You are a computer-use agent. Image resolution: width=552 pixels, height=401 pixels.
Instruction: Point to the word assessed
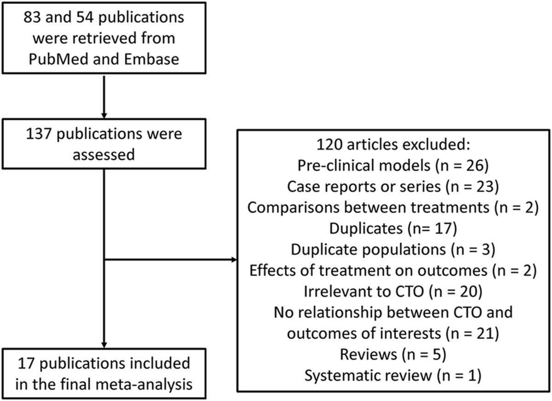(x=105, y=155)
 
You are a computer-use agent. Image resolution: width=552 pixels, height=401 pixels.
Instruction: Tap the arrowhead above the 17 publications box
(x=105, y=344)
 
